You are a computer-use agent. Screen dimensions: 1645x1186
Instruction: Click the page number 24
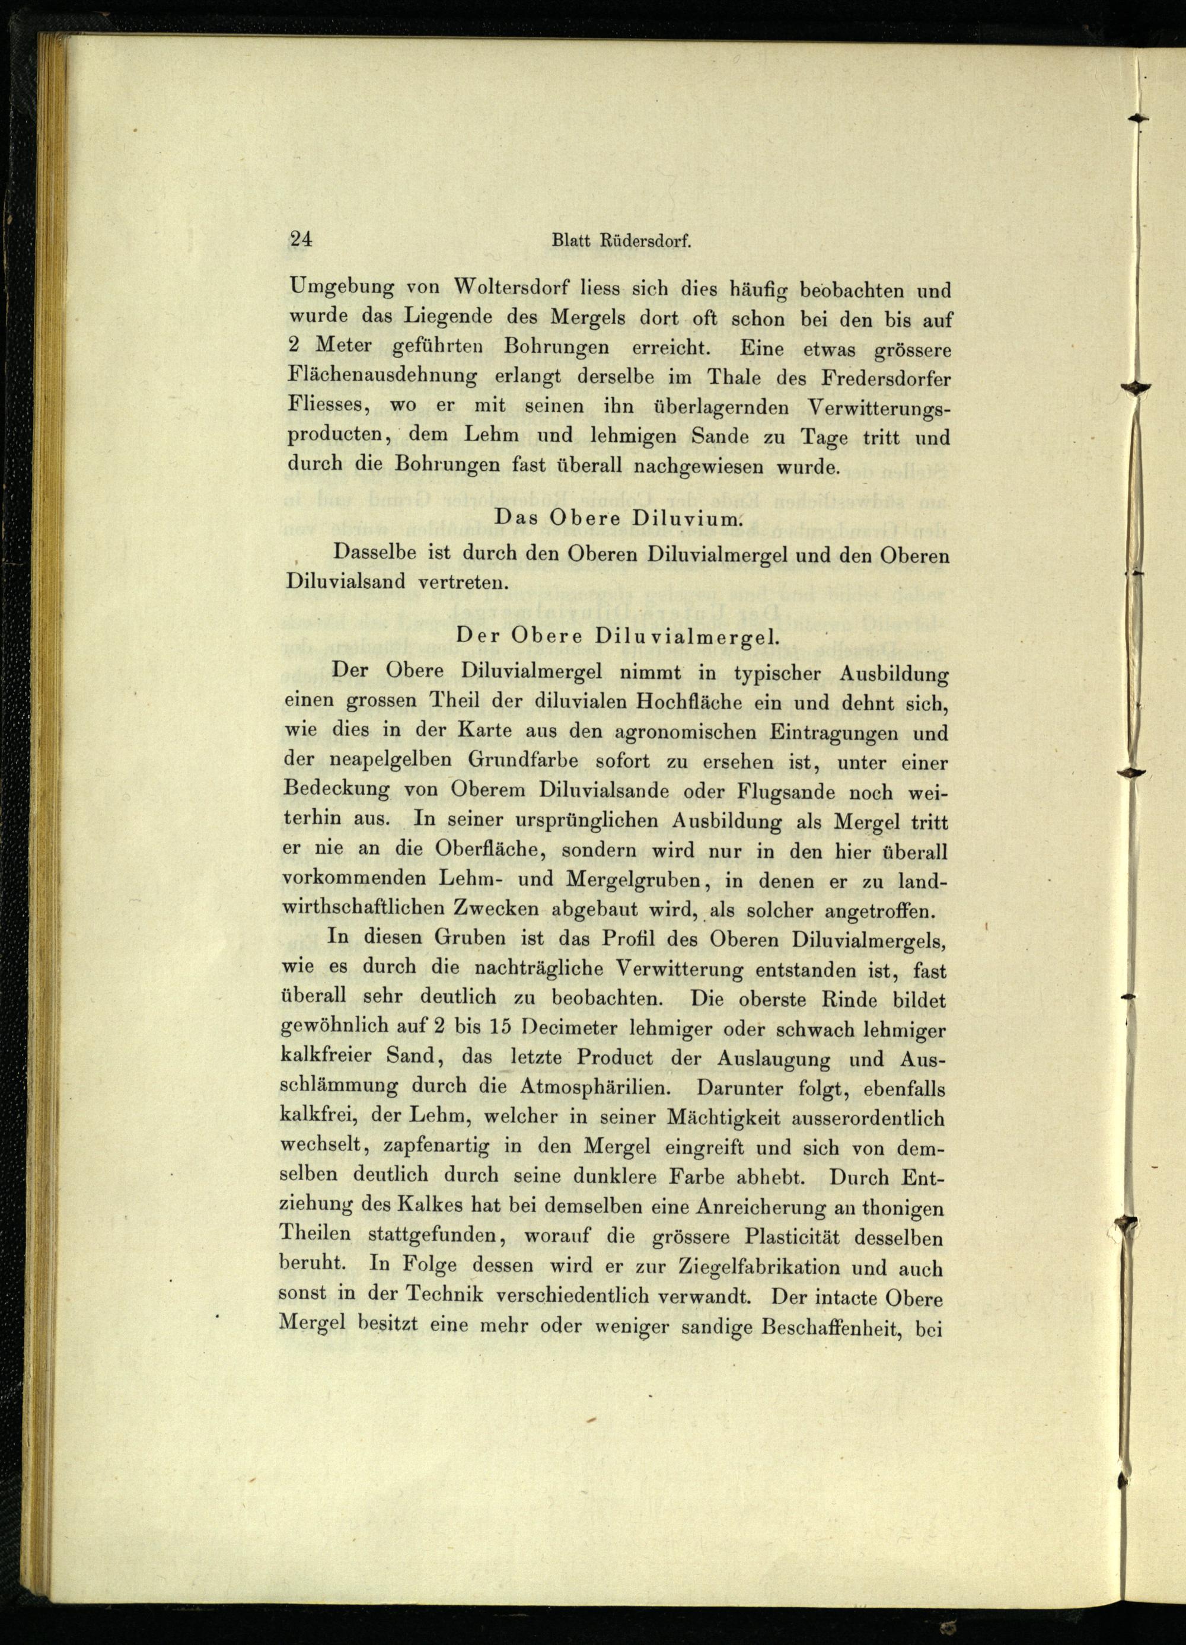tap(300, 240)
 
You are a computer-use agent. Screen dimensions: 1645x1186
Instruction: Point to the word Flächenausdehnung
tap(382, 377)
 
